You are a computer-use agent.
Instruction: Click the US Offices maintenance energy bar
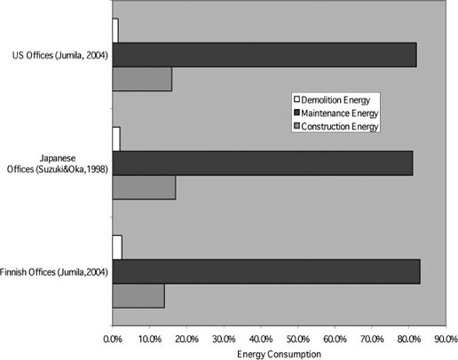click(x=265, y=55)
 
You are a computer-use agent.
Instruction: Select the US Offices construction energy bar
click(x=142, y=79)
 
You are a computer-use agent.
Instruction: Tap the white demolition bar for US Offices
click(x=115, y=30)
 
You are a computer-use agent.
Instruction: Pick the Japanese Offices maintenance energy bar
click(x=263, y=163)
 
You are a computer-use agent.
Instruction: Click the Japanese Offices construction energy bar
click(x=144, y=187)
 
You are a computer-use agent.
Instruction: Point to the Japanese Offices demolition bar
click(x=116, y=139)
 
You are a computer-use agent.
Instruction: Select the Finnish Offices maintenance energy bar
click(x=266, y=271)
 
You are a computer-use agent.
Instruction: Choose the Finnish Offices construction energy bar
click(x=138, y=296)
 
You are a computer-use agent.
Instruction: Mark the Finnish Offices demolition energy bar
click(x=117, y=247)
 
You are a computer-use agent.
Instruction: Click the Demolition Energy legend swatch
click(x=296, y=99)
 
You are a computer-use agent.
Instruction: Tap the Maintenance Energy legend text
click(x=340, y=113)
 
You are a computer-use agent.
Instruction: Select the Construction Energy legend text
click(x=340, y=127)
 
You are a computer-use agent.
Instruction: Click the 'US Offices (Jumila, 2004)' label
click(x=60, y=56)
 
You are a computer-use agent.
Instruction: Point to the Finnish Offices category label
click(x=54, y=272)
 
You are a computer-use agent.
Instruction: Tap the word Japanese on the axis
click(x=58, y=159)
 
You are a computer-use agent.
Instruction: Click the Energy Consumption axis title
click(x=279, y=354)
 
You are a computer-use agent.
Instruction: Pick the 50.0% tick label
click(x=297, y=339)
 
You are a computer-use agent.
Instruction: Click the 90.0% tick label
click(x=446, y=339)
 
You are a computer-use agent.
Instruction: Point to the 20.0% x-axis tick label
click(x=186, y=339)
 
